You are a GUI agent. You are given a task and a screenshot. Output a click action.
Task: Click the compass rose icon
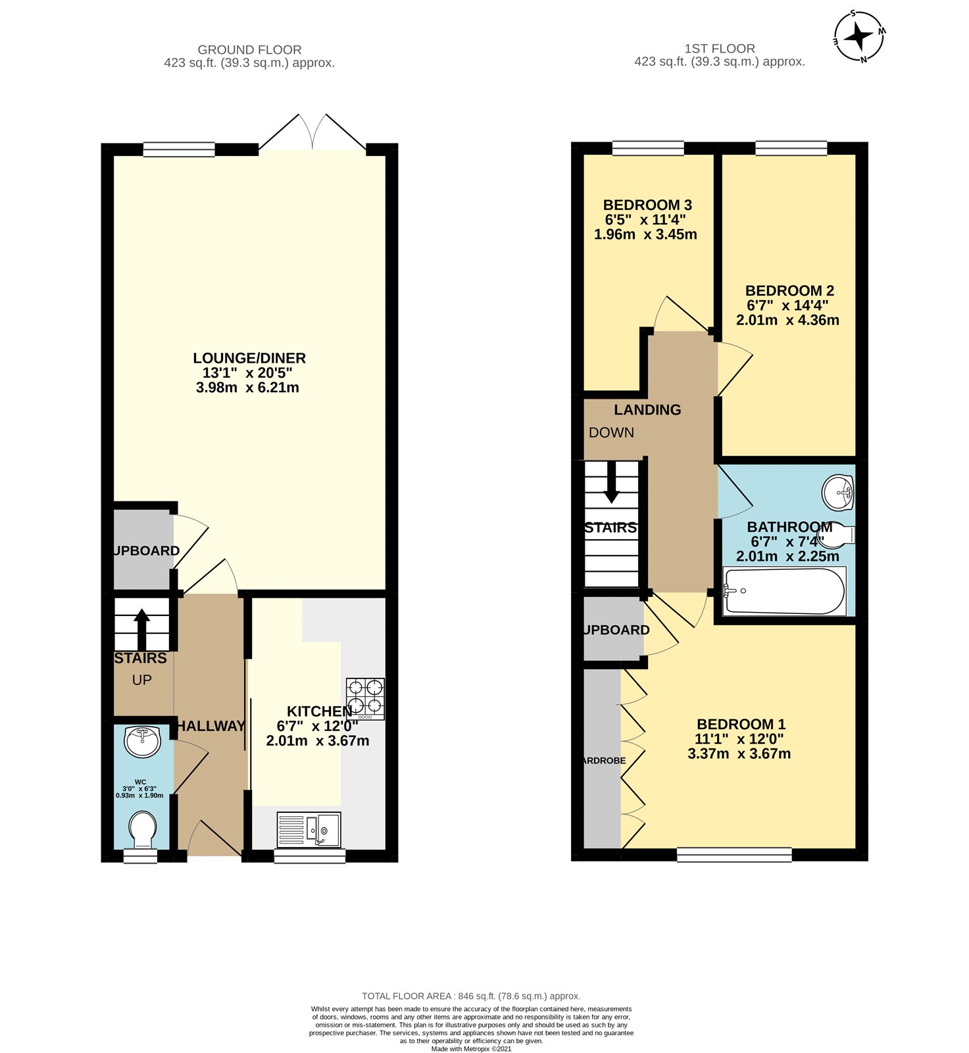(x=859, y=36)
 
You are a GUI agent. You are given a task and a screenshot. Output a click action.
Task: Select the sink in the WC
(x=142, y=742)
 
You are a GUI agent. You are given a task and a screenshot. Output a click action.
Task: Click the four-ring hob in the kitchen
(x=366, y=698)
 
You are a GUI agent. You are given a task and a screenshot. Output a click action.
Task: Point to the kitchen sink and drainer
(x=309, y=829)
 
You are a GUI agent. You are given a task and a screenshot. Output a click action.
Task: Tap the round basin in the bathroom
(x=839, y=492)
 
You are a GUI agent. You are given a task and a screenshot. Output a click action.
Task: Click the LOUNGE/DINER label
(x=249, y=358)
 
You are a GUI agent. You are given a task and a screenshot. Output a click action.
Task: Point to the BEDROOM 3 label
(x=647, y=205)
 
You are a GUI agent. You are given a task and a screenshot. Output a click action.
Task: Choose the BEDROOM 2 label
(x=789, y=290)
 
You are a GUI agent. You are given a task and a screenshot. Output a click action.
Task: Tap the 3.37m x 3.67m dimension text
(x=739, y=754)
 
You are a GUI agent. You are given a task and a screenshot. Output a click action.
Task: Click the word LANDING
(x=647, y=409)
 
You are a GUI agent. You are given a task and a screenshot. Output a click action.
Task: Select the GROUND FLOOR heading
(x=249, y=49)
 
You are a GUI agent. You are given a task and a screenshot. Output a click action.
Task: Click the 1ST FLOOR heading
(x=719, y=48)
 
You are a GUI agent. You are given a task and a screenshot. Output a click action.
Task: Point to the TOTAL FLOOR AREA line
(x=471, y=996)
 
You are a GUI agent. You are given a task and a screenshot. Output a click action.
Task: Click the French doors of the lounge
(x=312, y=135)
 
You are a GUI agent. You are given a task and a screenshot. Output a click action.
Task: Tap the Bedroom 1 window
(x=734, y=854)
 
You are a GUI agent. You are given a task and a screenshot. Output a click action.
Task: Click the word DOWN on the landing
(x=611, y=432)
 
